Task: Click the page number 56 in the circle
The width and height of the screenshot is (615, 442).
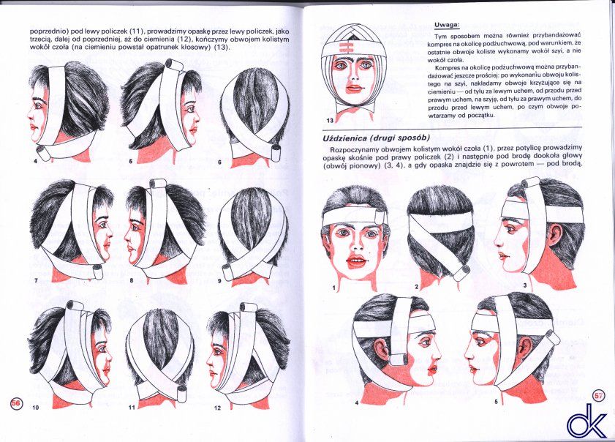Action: (x=15, y=402)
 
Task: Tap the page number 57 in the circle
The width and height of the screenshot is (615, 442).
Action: (x=597, y=395)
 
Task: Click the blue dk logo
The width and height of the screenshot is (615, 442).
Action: (x=586, y=420)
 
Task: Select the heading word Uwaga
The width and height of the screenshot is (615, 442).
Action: (x=447, y=25)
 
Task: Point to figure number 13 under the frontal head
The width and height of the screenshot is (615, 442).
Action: (x=330, y=121)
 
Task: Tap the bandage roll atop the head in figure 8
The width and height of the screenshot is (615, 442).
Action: (x=156, y=184)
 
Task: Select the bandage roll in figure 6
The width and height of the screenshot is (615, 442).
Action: (x=276, y=154)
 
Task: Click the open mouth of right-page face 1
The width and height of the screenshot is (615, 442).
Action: (x=355, y=261)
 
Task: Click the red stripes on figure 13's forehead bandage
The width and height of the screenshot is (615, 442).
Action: (x=345, y=48)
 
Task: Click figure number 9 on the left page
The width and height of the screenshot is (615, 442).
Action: (x=219, y=281)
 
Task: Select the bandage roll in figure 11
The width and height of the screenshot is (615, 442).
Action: (x=183, y=391)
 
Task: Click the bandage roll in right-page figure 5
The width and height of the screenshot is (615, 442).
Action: (x=552, y=337)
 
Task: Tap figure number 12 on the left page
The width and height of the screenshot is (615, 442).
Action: (x=218, y=408)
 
